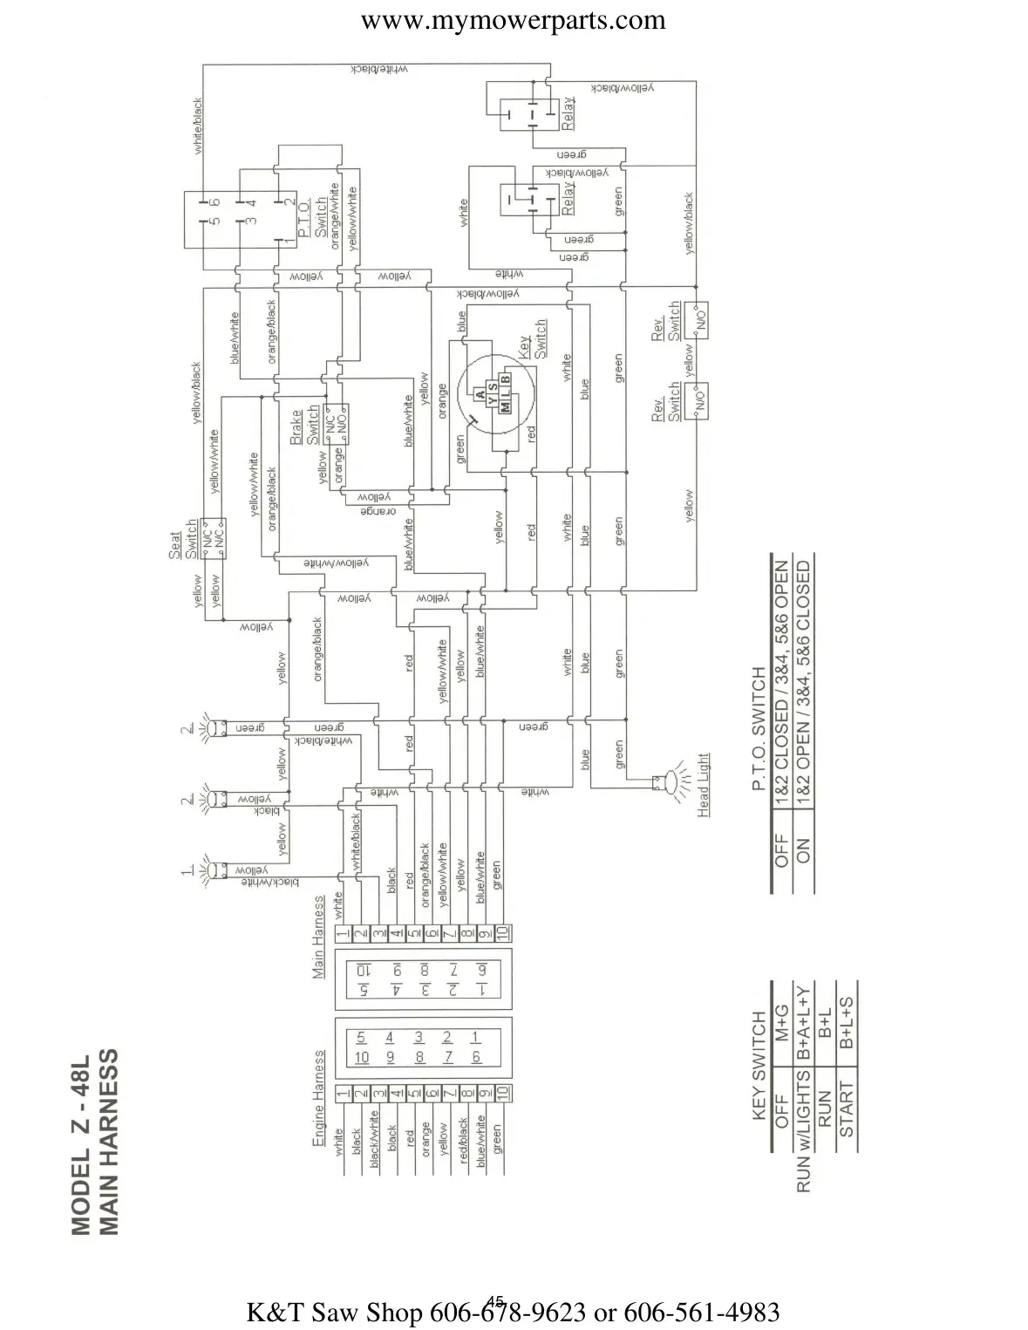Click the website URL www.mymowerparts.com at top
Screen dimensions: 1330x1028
coord(513,20)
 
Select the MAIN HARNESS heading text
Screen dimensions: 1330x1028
coord(108,1143)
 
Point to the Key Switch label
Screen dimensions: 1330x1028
coord(533,339)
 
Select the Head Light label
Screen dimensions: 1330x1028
coord(704,785)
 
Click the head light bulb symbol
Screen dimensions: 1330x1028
coord(671,782)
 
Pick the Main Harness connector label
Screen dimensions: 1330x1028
coord(319,935)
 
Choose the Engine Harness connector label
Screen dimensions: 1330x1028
coord(319,1095)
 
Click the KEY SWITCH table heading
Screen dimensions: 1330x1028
coord(759,1064)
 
